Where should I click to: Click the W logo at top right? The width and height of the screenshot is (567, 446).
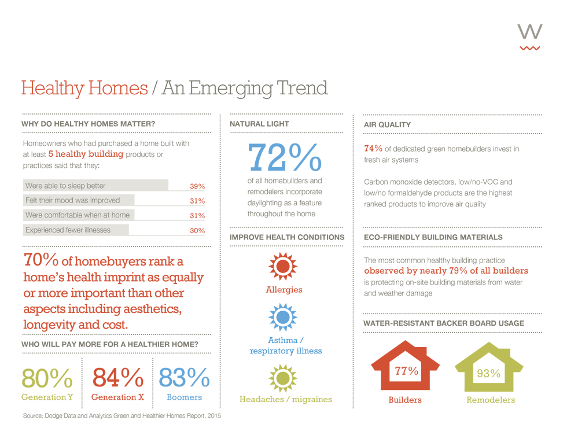point(530,36)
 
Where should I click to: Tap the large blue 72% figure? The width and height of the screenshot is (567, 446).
point(285,156)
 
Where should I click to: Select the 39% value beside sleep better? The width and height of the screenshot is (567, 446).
point(197,186)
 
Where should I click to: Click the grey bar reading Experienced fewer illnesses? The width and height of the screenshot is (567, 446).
point(76,230)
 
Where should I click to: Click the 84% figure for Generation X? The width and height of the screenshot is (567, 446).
point(117,378)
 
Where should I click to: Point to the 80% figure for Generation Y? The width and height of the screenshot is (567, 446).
point(47,378)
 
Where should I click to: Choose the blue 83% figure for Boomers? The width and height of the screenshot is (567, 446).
point(184,378)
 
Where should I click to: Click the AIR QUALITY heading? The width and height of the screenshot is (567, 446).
point(387,124)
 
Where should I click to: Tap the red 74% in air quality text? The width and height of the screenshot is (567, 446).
point(373,149)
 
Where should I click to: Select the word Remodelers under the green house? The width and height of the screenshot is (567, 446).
point(491,400)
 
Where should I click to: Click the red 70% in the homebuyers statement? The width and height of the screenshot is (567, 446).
point(41,260)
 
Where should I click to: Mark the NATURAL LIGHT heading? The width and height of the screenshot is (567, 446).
point(259,124)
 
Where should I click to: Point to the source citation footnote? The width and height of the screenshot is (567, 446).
point(122,416)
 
